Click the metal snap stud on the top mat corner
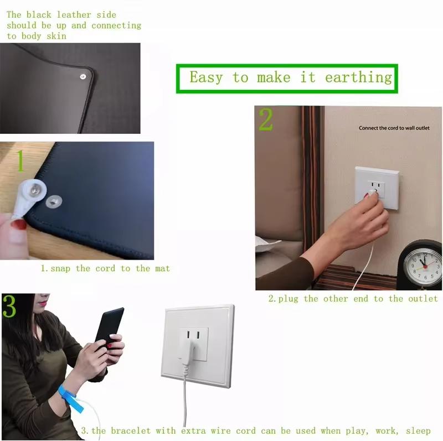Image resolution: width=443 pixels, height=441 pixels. pyautogui.click(x=83, y=77)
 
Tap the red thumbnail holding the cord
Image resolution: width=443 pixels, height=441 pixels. pyautogui.click(x=19, y=224)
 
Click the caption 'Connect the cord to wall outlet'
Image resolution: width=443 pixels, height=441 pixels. pyautogui.click(x=394, y=128)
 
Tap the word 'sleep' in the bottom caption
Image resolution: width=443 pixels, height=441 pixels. pyautogui.click(x=416, y=430)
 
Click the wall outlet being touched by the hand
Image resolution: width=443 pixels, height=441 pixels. pyautogui.click(x=377, y=188)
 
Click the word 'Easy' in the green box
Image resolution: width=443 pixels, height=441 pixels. pyautogui.click(x=205, y=77)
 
